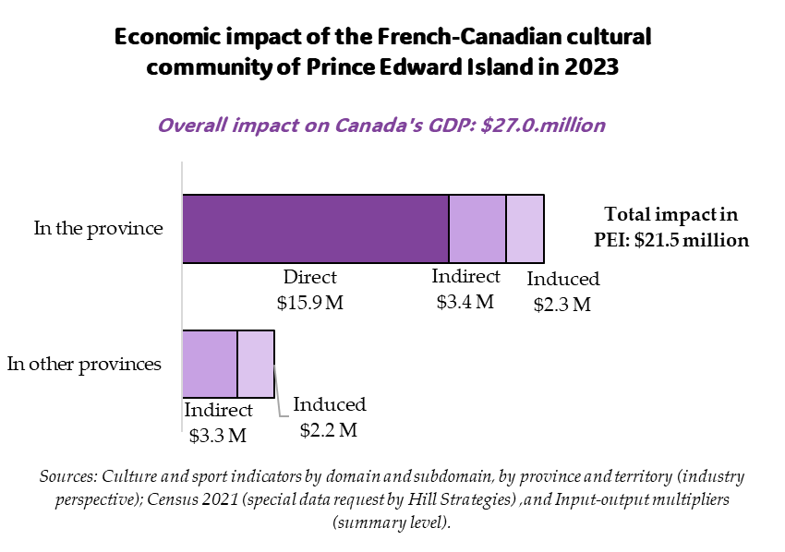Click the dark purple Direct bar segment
click(315, 228)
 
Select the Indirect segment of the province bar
click(477, 228)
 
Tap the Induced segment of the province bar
click(525, 228)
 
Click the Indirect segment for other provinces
click(210, 364)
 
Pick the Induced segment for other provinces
click(256, 364)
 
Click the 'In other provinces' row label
click(84, 364)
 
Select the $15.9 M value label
click(310, 303)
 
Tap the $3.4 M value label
click(465, 302)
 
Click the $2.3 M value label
click(562, 305)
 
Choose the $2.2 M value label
click(329, 430)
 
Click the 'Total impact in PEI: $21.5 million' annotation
click(670, 227)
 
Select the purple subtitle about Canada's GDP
click(381, 126)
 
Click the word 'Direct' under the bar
click(310, 277)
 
